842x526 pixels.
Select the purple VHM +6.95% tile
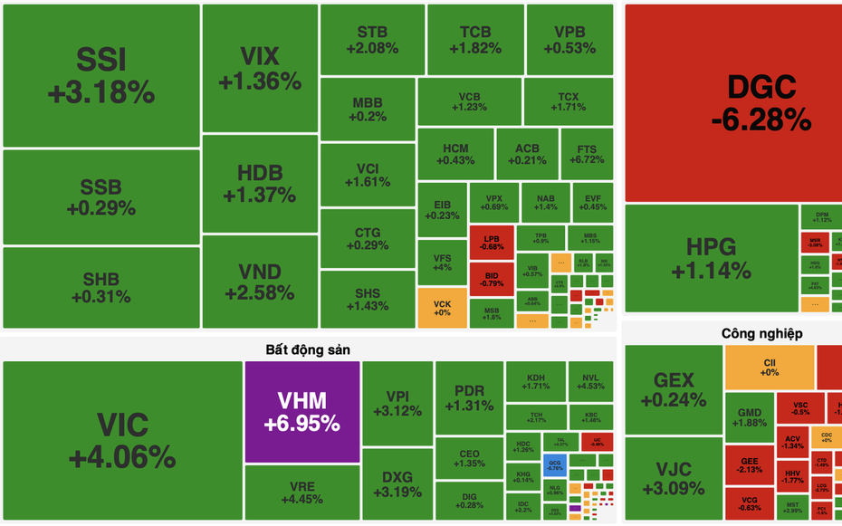[x=301, y=412]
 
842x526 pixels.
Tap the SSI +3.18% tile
[x=101, y=75]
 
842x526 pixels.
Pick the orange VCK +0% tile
[x=442, y=308]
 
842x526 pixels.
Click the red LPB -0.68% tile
[x=492, y=243]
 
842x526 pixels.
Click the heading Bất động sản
[x=307, y=349]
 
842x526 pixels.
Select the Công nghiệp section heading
[x=761, y=333]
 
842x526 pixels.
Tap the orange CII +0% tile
[x=770, y=367]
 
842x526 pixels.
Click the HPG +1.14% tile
[x=711, y=258]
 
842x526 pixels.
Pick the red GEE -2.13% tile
[x=748, y=464]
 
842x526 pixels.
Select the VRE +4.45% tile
[x=301, y=493]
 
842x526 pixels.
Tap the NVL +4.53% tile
[x=590, y=382]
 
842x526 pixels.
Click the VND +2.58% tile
[x=259, y=282]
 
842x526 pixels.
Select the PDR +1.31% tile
[x=469, y=398]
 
